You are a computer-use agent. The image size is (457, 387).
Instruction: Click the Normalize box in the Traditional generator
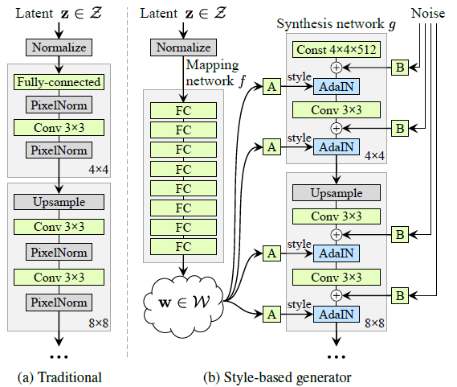[58, 47]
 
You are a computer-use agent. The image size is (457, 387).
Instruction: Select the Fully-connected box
[58, 82]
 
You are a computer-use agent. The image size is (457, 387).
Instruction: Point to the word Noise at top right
[430, 14]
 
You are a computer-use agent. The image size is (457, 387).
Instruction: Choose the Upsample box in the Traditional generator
[58, 202]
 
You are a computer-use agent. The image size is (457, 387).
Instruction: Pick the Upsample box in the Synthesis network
[337, 193]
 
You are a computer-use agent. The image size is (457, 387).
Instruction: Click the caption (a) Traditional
[58, 375]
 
